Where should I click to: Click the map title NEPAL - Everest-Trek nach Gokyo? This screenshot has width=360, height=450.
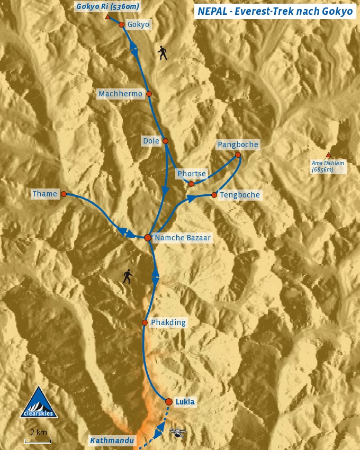pos(274,11)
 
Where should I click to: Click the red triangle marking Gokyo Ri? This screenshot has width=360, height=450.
pos(107,17)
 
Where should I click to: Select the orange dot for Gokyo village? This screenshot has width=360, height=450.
pos(122,24)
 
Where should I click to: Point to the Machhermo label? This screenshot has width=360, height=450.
pos(120,94)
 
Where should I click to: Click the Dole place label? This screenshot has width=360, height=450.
pos(151,141)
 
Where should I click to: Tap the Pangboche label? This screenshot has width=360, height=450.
pos(238,145)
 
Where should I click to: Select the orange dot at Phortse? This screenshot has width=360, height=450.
pos(191,184)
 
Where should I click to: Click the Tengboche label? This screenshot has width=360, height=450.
pos(240,195)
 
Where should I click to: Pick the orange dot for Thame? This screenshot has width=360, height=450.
pos(64,194)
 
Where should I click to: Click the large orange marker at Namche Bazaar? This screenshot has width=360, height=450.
pos(148,238)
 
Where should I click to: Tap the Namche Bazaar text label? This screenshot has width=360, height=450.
pos(183,238)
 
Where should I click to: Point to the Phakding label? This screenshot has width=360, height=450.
pos(168,322)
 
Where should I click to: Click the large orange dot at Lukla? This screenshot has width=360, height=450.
pos(169,402)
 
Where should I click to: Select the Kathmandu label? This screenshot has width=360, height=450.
pos(112,440)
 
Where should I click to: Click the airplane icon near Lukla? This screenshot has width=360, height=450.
pos(178,433)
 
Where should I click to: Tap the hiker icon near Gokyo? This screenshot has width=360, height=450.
pos(163,52)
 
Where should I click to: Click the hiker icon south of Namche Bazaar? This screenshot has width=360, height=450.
pos(127,276)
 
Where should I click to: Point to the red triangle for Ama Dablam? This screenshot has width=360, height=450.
pos(328,155)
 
